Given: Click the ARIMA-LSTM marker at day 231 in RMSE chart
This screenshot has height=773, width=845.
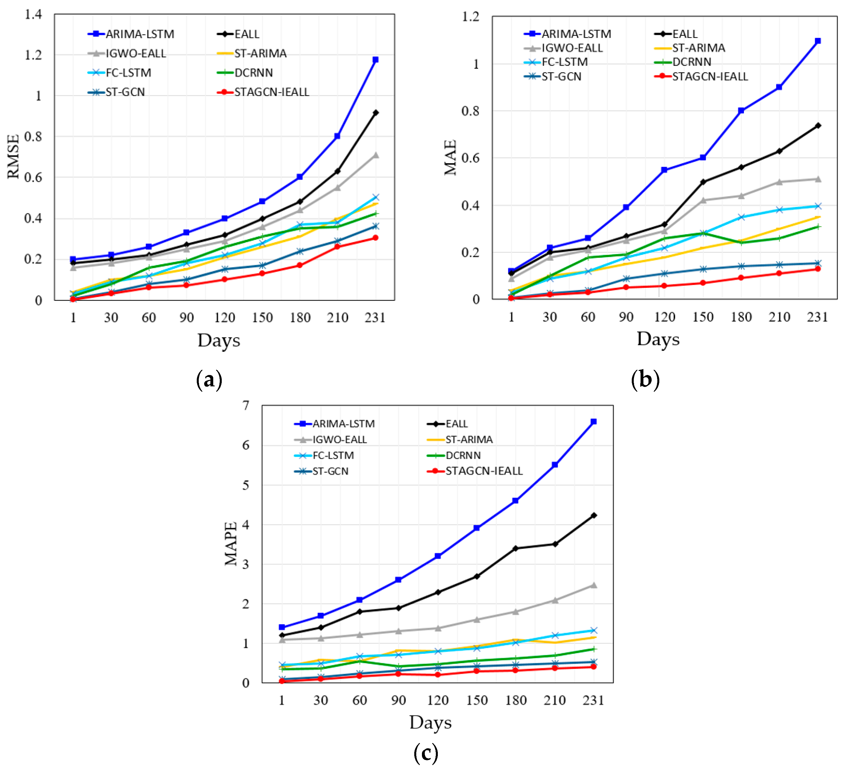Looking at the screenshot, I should click(x=376, y=60).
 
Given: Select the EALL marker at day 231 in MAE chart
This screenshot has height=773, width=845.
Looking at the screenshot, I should click(x=818, y=125).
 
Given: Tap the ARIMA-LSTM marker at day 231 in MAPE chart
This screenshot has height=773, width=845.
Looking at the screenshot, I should click(x=593, y=422).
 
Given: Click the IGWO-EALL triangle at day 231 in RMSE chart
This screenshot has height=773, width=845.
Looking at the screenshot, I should click(x=376, y=155).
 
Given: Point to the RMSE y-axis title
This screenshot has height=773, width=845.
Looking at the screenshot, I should click(x=13, y=156).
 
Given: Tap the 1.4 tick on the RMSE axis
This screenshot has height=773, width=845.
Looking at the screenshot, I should click(x=33, y=15).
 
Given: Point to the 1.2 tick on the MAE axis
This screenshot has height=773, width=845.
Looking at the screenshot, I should click(x=470, y=17).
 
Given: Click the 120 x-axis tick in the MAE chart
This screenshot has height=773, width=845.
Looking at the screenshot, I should click(x=664, y=317).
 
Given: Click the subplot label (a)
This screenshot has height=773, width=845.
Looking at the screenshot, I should click(x=209, y=380).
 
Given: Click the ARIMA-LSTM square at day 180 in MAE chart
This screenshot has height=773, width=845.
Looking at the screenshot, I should click(x=741, y=111).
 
